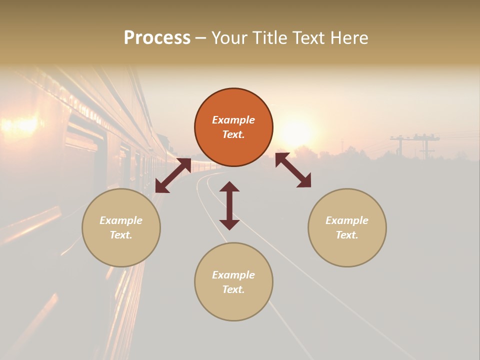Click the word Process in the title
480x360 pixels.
157,38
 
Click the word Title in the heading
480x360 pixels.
268,38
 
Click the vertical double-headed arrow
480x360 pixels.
229,205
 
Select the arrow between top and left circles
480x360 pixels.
173,175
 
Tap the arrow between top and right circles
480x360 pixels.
293,170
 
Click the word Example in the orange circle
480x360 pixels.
233,120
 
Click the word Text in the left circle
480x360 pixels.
121,235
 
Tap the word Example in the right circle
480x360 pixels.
347,220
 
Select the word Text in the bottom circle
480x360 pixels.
233,289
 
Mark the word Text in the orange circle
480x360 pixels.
233,134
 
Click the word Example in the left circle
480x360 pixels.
121,220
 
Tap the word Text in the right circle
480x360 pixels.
347,235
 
